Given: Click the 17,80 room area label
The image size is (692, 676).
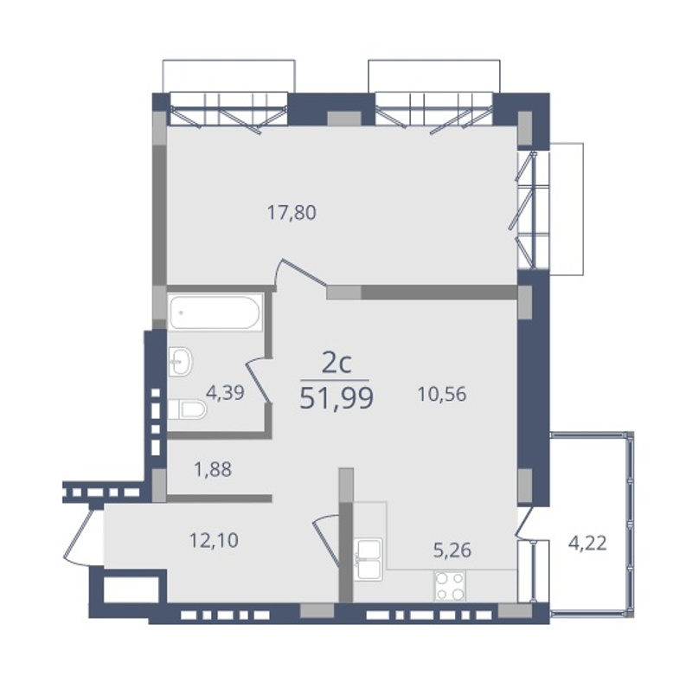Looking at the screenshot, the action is click(x=292, y=213).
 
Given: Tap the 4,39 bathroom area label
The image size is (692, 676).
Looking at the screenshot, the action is click(x=225, y=393).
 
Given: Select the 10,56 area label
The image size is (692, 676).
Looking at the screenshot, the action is click(x=442, y=394).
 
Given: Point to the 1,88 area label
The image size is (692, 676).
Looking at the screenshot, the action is click(x=213, y=469).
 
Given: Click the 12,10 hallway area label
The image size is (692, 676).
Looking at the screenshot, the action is click(x=214, y=540).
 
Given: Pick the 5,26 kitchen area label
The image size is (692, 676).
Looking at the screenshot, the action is click(x=452, y=550).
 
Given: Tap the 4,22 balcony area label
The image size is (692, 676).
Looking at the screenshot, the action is click(x=587, y=543).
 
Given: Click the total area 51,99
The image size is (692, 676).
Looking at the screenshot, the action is click(x=336, y=398).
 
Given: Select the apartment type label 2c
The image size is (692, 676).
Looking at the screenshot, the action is click(x=336, y=364).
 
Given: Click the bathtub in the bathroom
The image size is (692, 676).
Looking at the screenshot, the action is click(x=215, y=312).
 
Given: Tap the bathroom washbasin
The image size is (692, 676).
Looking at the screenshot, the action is click(x=180, y=362).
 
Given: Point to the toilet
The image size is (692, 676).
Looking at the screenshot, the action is click(x=187, y=409).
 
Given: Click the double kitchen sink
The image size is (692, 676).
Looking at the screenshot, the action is click(x=368, y=559).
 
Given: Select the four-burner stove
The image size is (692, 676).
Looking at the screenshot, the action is click(x=450, y=586).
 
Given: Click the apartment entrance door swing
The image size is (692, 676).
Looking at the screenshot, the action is click(x=79, y=536).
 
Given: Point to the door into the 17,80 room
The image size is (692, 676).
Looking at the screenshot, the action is click(x=301, y=273).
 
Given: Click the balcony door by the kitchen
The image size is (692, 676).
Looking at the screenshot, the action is click(x=524, y=523).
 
